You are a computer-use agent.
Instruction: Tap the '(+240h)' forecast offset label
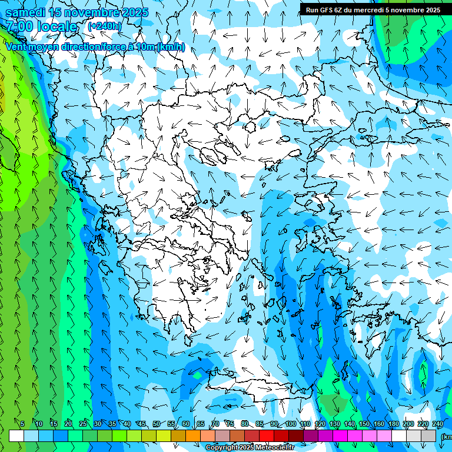click(x=105, y=26)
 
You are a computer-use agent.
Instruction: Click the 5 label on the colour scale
click(x=22, y=424)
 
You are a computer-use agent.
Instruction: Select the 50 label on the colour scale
click(x=156, y=424)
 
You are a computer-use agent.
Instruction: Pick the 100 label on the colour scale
click(x=290, y=424)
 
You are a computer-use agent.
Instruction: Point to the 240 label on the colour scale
click(x=438, y=424)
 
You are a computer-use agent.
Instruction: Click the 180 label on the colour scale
click(x=394, y=424)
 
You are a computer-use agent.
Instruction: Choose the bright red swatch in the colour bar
click(x=267, y=436)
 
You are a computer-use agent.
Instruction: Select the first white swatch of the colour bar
click(x=16, y=436)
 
